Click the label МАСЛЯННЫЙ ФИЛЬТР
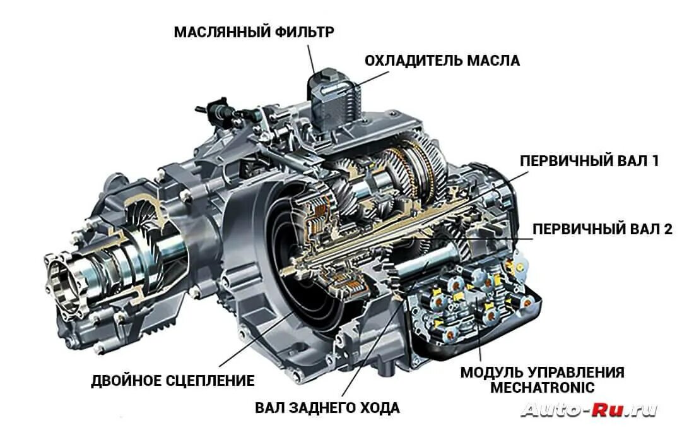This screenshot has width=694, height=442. (x=254, y=32)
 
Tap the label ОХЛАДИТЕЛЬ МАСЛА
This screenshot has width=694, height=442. (x=442, y=61)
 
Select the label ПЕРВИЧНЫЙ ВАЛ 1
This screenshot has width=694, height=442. (x=589, y=161)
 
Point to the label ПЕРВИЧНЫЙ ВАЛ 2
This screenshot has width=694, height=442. (x=603, y=229)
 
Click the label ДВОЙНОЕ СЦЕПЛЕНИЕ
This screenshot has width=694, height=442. (x=173, y=381)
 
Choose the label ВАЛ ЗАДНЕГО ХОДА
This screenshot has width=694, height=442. (x=327, y=408)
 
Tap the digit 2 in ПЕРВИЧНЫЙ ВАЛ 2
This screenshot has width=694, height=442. (x=668, y=229)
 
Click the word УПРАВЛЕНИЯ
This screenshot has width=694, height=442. (x=578, y=372)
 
